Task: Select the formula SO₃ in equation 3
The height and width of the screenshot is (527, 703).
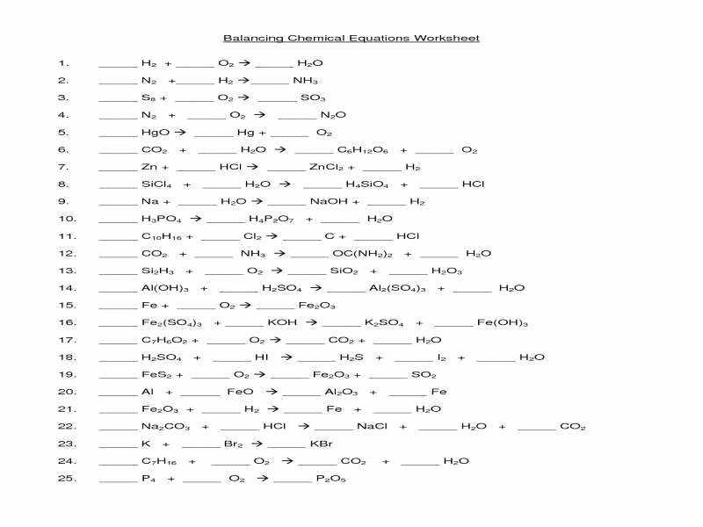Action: [x=313, y=97]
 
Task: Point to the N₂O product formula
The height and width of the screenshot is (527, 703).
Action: [x=333, y=115]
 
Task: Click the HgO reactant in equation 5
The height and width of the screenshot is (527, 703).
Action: [x=152, y=133]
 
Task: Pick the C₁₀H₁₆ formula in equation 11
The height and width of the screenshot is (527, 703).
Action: [x=158, y=236]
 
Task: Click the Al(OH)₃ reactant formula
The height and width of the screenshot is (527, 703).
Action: [x=161, y=288]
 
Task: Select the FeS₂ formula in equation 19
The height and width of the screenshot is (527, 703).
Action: [x=154, y=375]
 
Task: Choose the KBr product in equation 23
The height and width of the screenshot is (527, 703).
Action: [x=321, y=444]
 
